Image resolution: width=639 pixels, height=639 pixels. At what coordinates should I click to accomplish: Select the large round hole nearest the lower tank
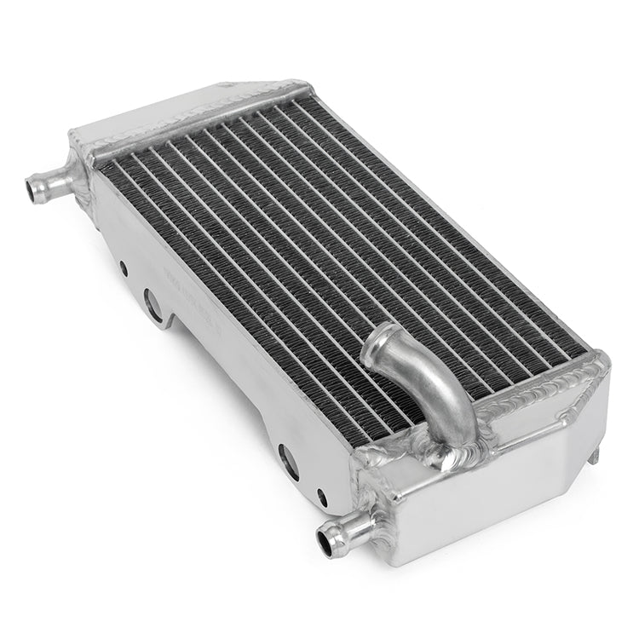289,461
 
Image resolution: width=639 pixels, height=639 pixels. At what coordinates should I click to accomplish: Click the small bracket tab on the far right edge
594,452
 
